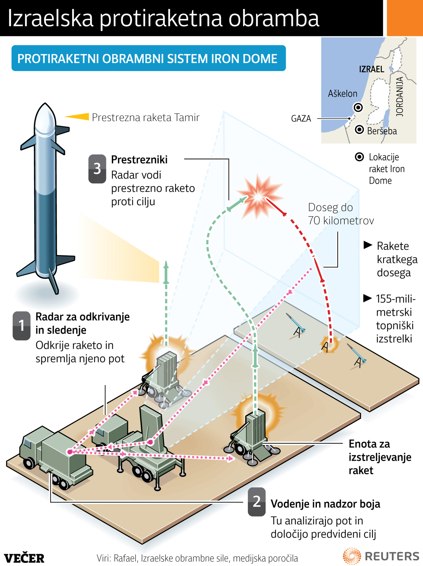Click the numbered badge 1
tap(22, 325)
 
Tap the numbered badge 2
tap(257, 501)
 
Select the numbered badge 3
tap(97, 169)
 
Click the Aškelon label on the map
tap(342, 93)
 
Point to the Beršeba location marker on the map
tap(359, 130)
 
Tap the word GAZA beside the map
tap(301, 118)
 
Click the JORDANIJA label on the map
tap(400, 97)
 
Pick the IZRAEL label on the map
tap(372, 69)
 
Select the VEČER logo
tap(24, 558)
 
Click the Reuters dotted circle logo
tap(351, 556)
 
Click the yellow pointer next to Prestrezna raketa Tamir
tap(78, 117)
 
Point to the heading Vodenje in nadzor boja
tap(325, 504)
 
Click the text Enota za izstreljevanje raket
tap(379, 457)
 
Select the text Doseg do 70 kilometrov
tap(341, 214)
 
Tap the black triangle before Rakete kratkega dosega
tap(368, 245)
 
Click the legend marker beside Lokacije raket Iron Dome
tap(359, 157)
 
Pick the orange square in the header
tap(405, 18)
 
